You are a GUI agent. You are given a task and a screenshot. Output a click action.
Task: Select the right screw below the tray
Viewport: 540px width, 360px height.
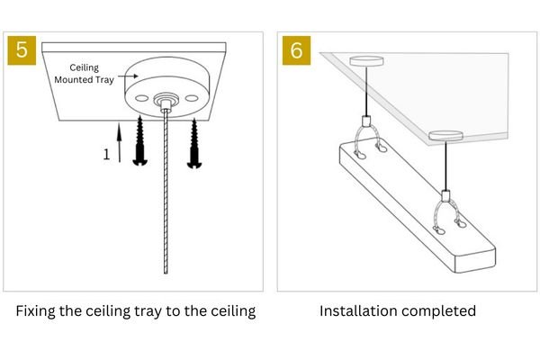point(194,144)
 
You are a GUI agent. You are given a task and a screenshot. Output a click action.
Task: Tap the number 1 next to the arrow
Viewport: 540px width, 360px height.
point(106,154)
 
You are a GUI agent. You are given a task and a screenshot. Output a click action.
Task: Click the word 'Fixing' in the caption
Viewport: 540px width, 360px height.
point(39,312)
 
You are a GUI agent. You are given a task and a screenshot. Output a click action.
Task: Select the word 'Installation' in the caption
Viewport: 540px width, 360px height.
point(357,312)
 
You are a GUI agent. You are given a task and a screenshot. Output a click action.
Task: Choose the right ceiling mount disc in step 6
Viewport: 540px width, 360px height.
point(444,137)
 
